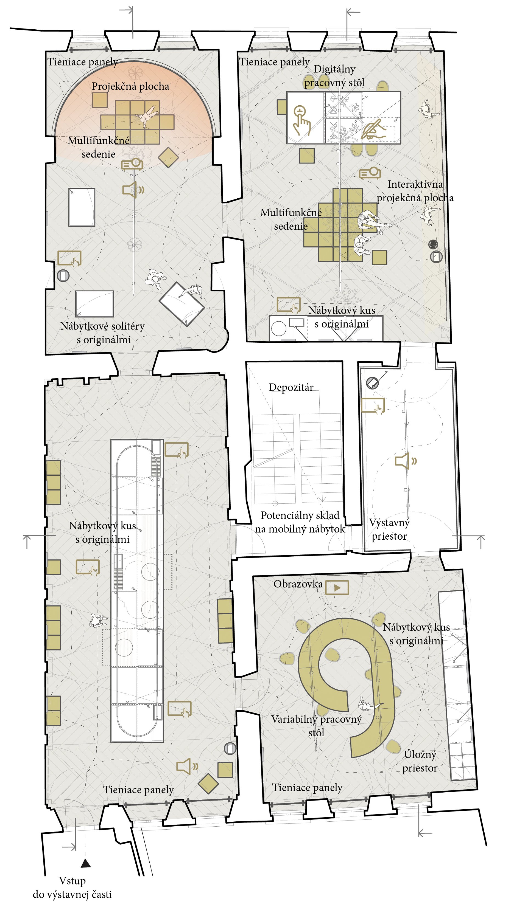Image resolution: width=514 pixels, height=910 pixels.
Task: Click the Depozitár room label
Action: [291, 388]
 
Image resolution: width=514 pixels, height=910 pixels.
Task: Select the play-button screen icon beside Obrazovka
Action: [337, 587]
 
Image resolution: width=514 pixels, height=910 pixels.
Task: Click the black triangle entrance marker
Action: [86, 863]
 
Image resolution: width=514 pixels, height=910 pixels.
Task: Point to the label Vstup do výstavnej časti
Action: [72, 888]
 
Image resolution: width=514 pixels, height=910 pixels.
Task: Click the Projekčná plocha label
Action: [130, 86]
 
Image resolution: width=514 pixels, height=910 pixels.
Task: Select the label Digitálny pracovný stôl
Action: [334, 76]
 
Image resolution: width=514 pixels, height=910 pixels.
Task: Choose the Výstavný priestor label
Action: [389, 529]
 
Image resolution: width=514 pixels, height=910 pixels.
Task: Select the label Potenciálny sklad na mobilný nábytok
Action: [300, 522]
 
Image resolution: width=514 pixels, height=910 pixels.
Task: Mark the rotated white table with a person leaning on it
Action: [182, 303]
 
